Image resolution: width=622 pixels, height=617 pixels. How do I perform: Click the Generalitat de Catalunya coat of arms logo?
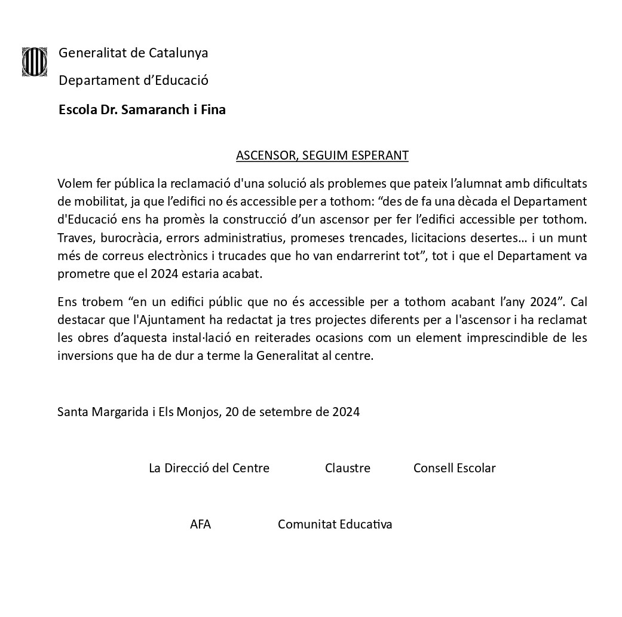click(x=35, y=62)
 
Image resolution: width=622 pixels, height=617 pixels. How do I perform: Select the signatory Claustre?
click(x=348, y=468)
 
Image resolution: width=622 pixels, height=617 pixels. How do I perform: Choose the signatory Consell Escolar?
click(x=454, y=468)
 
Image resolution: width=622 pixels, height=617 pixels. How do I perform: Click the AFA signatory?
click(x=200, y=524)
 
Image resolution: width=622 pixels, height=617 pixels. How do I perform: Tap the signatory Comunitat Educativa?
click(x=335, y=524)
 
